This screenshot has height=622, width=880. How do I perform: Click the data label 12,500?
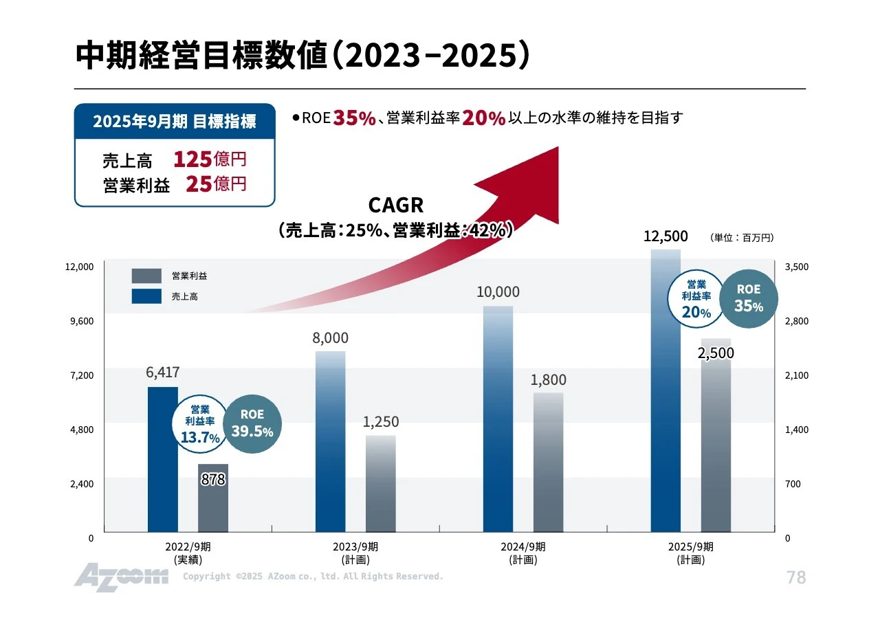click(x=665, y=236)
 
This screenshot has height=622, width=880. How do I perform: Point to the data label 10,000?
click(x=498, y=292)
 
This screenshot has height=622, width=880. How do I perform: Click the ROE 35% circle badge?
click(x=749, y=299)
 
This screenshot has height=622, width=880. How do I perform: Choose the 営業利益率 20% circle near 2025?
click(x=696, y=299)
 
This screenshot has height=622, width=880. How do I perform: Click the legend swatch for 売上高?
click(x=146, y=296)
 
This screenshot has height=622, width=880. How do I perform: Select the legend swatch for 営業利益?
click(x=146, y=276)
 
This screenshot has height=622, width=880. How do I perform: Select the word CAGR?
click(x=396, y=206)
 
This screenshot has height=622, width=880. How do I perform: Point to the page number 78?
click(x=795, y=577)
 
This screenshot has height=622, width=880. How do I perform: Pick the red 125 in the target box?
click(x=192, y=159)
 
